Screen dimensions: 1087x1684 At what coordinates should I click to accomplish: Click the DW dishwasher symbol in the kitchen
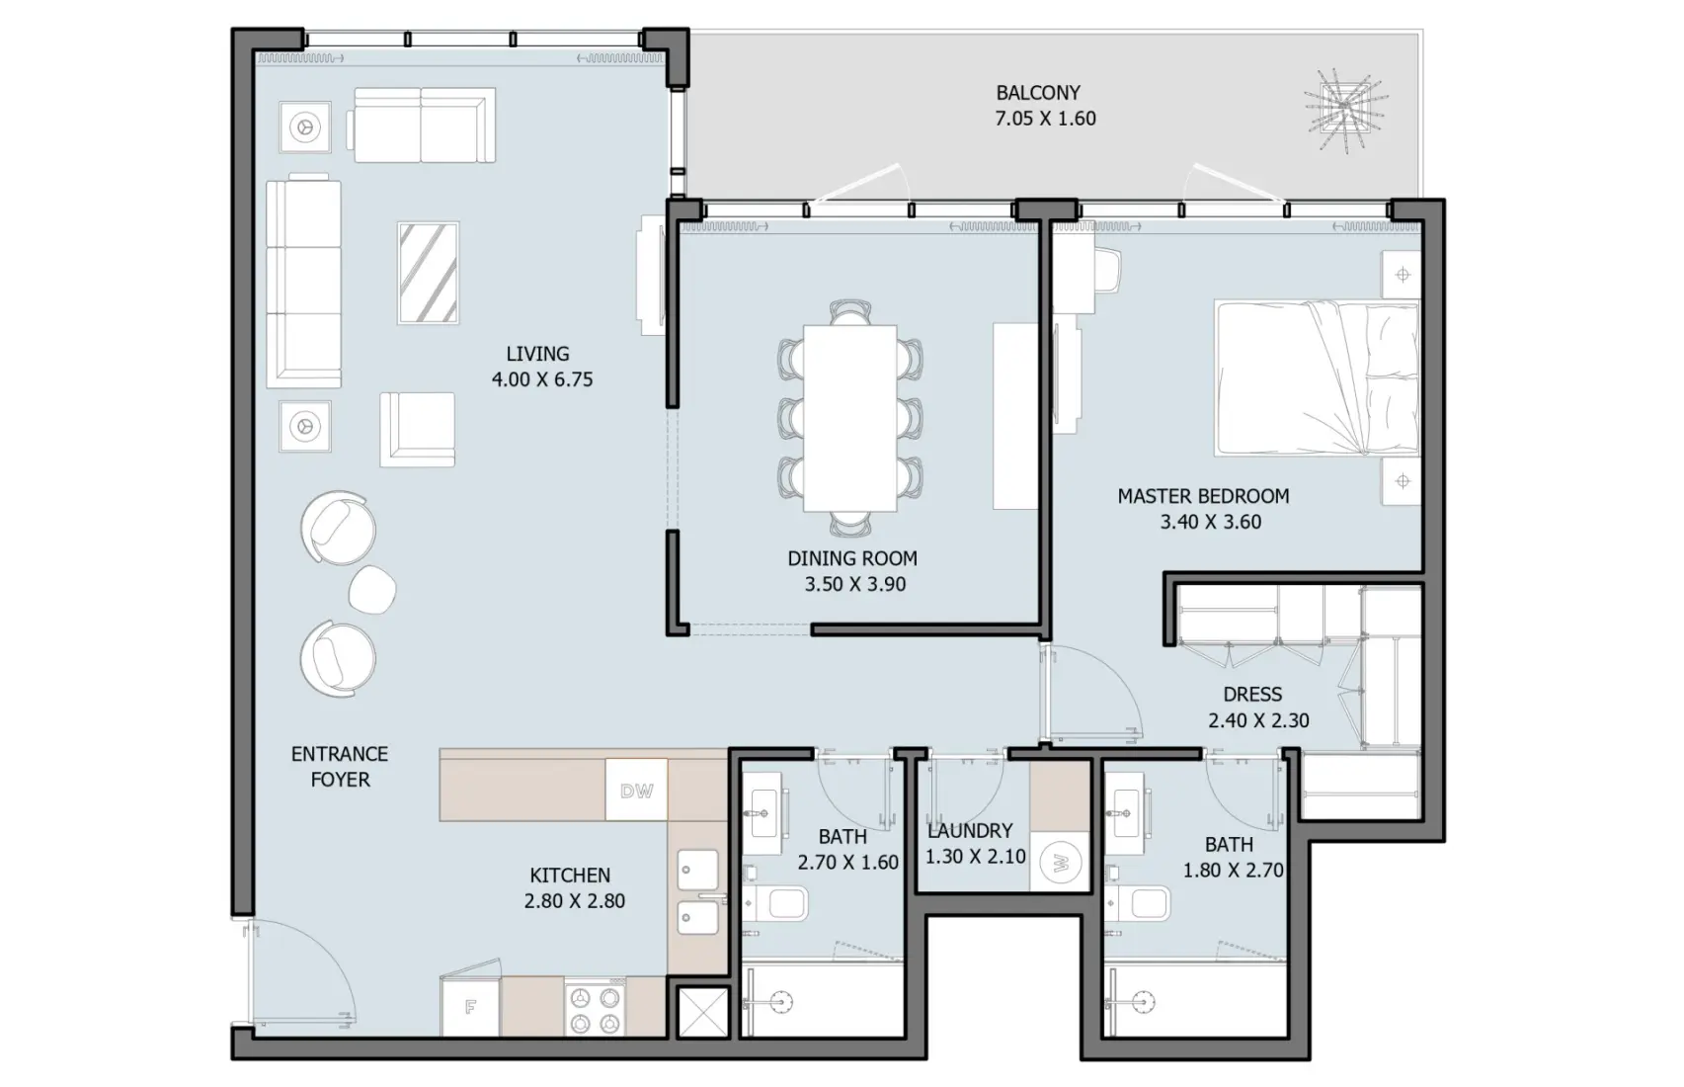point(636,791)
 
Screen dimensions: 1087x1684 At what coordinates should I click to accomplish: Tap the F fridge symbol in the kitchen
point(471,1008)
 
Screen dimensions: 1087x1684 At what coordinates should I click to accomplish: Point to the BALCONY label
point(1037,93)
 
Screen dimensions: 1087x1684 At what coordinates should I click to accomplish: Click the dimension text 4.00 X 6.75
point(542,379)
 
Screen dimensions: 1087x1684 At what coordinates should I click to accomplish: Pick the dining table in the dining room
point(849,418)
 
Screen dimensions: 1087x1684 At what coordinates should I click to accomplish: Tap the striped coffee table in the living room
point(429,273)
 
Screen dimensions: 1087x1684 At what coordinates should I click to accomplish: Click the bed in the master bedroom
point(1317,379)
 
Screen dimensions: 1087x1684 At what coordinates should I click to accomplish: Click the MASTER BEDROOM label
point(1203,496)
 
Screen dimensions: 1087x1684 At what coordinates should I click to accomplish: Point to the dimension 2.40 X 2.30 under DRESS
point(1258,721)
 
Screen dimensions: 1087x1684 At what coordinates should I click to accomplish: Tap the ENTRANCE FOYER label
point(340,767)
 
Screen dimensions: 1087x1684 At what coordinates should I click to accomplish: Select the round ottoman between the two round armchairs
point(372,590)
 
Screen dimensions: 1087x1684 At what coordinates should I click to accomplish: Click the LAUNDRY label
point(970,831)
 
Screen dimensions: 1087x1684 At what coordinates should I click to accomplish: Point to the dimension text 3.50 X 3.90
point(855,584)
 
